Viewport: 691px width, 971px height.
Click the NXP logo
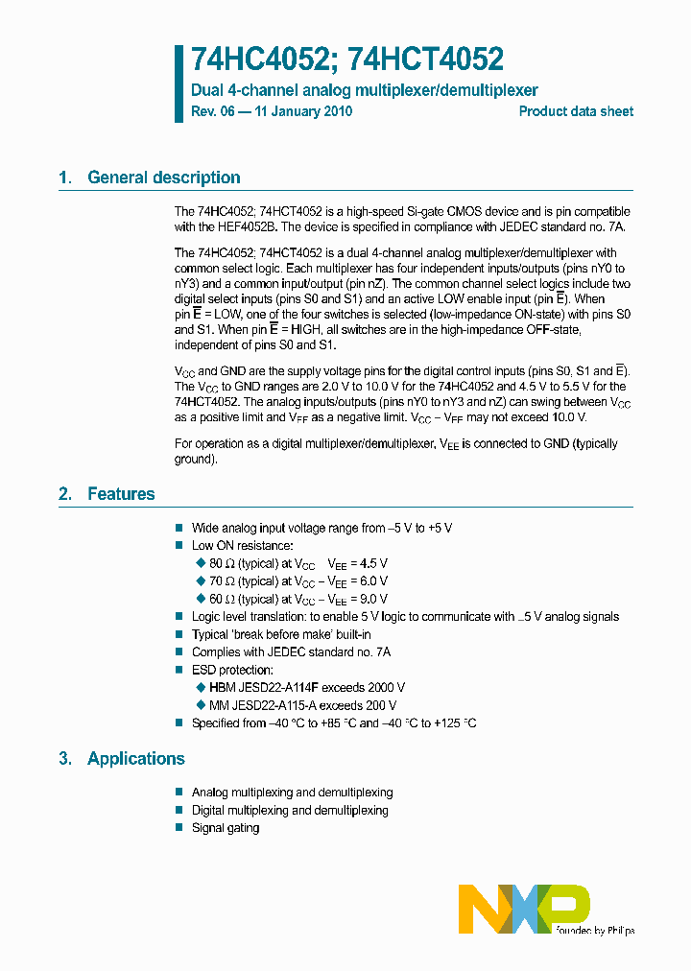pyautogui.click(x=523, y=907)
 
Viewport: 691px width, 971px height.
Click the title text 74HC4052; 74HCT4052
pyautogui.click(x=347, y=60)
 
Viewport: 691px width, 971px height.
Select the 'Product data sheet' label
pyautogui.click(x=576, y=111)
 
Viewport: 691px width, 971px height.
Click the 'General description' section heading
pyautogui.click(x=163, y=178)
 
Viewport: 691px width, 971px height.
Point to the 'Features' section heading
pyautogui.click(x=121, y=494)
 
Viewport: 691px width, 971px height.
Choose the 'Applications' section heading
pyautogui.click(x=135, y=759)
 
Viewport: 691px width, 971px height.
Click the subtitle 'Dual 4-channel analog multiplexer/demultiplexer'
pyautogui.click(x=365, y=90)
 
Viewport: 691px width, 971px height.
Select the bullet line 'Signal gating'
pyautogui.click(x=226, y=827)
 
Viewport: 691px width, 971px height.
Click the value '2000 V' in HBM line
pyautogui.click(x=387, y=687)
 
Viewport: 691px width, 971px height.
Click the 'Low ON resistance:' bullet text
pyautogui.click(x=242, y=546)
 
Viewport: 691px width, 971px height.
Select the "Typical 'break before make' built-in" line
pyautogui.click(x=281, y=634)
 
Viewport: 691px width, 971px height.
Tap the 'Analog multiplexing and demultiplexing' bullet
pyautogui.click(x=292, y=793)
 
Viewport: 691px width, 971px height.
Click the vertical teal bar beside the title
pyautogui.click(x=179, y=83)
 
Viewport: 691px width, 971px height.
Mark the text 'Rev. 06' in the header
pyautogui.click(x=212, y=111)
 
